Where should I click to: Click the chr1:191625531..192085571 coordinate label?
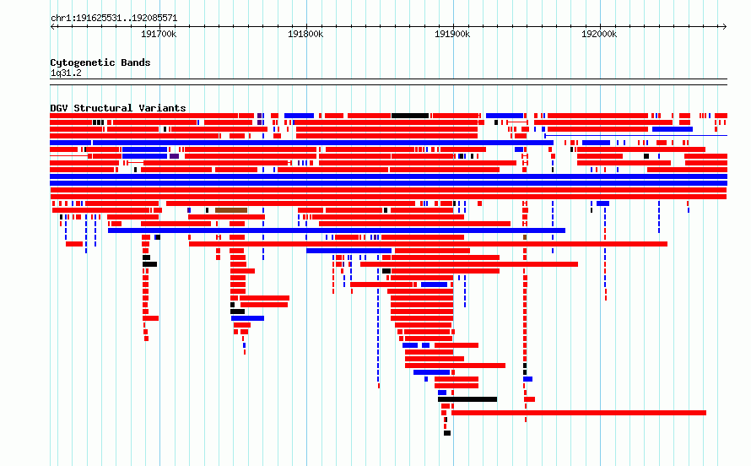click(x=114, y=19)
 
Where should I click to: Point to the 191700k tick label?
click(x=159, y=34)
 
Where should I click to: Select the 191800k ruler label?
click(x=305, y=34)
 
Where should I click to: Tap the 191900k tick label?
click(x=452, y=34)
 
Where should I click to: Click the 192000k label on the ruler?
click(x=599, y=34)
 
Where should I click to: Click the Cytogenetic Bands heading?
click(x=100, y=62)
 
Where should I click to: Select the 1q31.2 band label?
click(x=66, y=73)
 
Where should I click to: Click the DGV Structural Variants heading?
click(x=118, y=108)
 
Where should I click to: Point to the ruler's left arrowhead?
click(x=52, y=27)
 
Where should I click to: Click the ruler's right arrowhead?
click(x=725, y=27)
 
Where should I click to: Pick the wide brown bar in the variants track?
click(x=231, y=210)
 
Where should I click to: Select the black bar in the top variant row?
click(x=410, y=116)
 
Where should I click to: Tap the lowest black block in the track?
click(x=447, y=433)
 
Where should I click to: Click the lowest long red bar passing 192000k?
click(x=579, y=413)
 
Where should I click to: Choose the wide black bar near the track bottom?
click(x=467, y=399)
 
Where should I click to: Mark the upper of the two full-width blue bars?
click(x=388, y=176)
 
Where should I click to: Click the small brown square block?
click(x=525, y=237)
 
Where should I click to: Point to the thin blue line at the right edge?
click(x=636, y=136)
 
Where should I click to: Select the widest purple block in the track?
click(x=174, y=156)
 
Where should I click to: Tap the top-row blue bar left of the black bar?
click(x=299, y=116)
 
